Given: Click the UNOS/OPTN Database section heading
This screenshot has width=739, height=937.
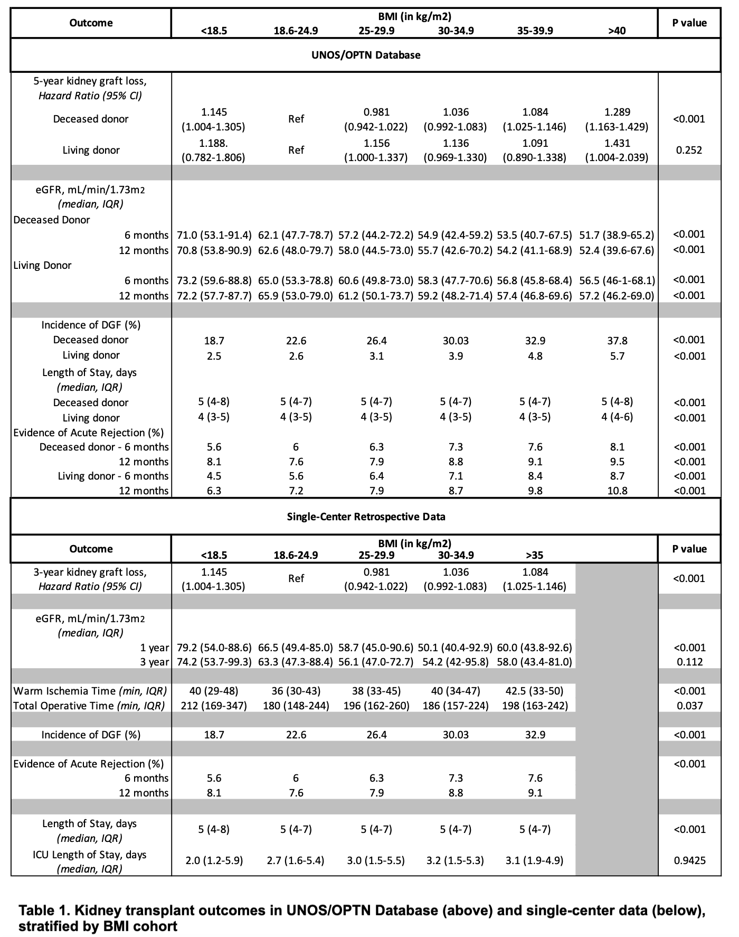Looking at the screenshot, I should point(365,55).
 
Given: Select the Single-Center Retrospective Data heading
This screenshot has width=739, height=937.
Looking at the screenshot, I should point(365,517).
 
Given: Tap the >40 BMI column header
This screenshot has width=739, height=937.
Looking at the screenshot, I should point(617,31).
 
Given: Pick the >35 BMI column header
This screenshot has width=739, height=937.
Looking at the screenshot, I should point(535,555).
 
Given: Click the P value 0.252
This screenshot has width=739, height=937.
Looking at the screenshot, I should point(689,150).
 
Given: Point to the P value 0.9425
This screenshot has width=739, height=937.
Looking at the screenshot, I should point(689,860).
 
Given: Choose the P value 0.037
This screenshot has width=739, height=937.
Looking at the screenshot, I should point(689,706).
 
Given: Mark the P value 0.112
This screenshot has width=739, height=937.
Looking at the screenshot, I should point(689,662).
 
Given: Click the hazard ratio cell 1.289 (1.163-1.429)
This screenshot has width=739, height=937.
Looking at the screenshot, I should point(617,119).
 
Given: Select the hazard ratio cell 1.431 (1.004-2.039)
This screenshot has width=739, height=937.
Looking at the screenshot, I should point(617,150).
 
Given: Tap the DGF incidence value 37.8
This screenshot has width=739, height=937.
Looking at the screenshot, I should point(617,341).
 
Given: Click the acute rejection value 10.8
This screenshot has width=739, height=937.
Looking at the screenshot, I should point(617,491).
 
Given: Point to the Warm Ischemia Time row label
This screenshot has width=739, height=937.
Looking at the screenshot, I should point(90,691).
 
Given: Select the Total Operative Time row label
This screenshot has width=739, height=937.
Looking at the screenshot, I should point(89,706).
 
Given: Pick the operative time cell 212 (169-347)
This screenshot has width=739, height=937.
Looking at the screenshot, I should point(214,706).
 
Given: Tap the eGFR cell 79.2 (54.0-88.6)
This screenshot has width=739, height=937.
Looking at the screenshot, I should point(214,648).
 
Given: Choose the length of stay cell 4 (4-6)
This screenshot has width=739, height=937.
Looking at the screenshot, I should point(617,417).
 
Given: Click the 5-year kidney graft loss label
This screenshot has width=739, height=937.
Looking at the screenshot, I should point(90,81).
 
